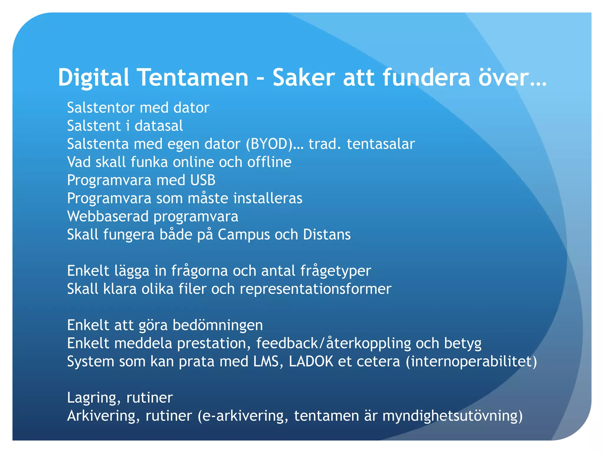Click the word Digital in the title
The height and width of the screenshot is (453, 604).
[x=93, y=77]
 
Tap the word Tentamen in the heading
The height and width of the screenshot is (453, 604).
[x=193, y=77]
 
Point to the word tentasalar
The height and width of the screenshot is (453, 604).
[x=381, y=144]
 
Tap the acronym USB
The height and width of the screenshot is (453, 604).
[x=203, y=180]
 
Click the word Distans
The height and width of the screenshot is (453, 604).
[x=327, y=235]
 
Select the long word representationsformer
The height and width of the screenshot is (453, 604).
[x=316, y=289]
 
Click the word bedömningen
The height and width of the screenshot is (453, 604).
[x=218, y=325]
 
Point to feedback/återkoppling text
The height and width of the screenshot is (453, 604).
[x=333, y=344]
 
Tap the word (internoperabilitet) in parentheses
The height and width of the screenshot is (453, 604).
[x=471, y=362]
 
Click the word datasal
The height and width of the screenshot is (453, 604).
[x=159, y=126]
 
